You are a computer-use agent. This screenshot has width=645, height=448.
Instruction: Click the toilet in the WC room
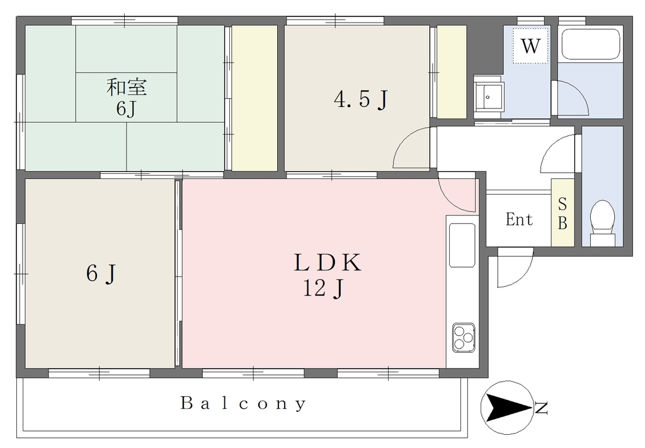click(602, 222)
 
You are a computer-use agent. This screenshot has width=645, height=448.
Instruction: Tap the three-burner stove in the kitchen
click(464, 337)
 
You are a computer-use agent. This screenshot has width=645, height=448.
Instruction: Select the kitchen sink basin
click(462, 244)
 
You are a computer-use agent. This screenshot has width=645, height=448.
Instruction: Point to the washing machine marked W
click(530, 45)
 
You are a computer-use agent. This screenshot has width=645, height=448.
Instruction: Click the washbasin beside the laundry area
click(488, 96)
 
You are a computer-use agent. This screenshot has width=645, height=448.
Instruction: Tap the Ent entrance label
click(519, 219)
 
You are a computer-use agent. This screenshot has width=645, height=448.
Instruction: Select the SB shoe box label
click(562, 213)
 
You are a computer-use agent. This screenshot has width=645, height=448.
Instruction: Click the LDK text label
click(328, 263)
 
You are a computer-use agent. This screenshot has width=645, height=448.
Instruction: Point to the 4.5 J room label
click(361, 99)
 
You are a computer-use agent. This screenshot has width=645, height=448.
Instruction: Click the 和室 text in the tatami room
click(126, 87)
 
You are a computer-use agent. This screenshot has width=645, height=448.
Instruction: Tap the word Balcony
click(244, 403)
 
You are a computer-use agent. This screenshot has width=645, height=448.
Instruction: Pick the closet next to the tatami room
click(254, 98)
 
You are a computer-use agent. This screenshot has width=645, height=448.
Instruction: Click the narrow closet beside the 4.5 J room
click(451, 72)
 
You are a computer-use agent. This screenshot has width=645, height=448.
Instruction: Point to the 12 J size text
click(323, 288)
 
